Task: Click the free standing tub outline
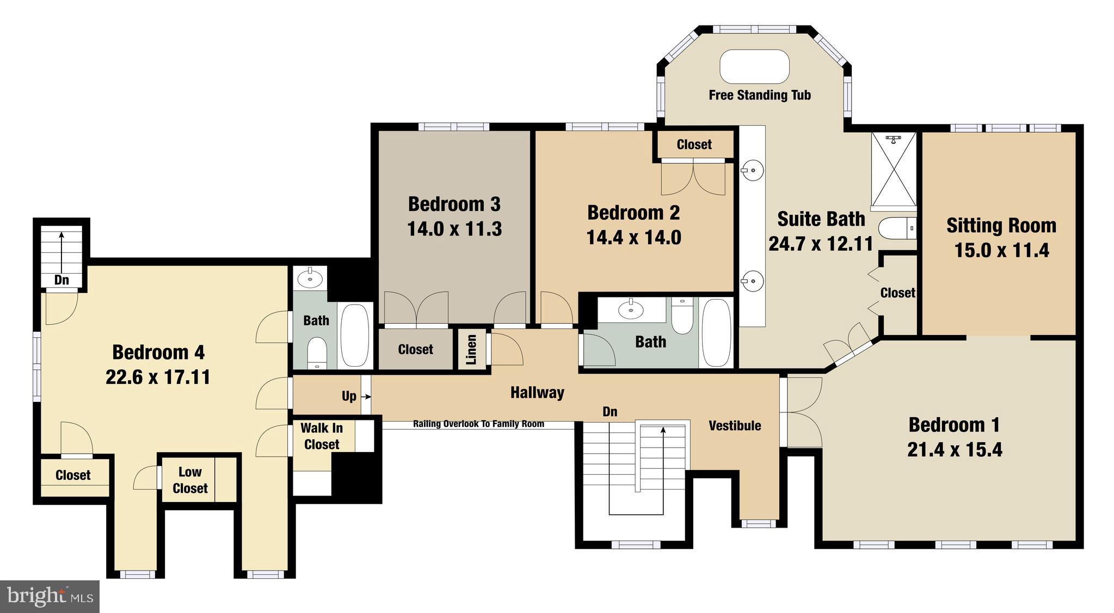coord(754,67)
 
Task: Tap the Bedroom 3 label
coord(454,205)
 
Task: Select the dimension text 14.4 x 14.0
coord(633,238)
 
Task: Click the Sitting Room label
coord(1001,226)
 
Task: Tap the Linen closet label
coord(471,349)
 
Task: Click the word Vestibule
coord(735,426)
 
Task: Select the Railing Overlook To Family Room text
coord(478,424)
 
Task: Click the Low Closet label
coord(190,480)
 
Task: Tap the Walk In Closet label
coord(322,437)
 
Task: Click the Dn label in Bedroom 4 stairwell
coord(61,280)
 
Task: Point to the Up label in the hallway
coord(349,396)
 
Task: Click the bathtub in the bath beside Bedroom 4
coord(355,335)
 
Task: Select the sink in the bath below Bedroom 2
coord(631,310)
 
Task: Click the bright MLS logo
coord(50,597)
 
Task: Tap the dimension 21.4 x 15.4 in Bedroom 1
coord(955,450)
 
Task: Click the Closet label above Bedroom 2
coord(694,145)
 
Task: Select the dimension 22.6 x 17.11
coord(158,377)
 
